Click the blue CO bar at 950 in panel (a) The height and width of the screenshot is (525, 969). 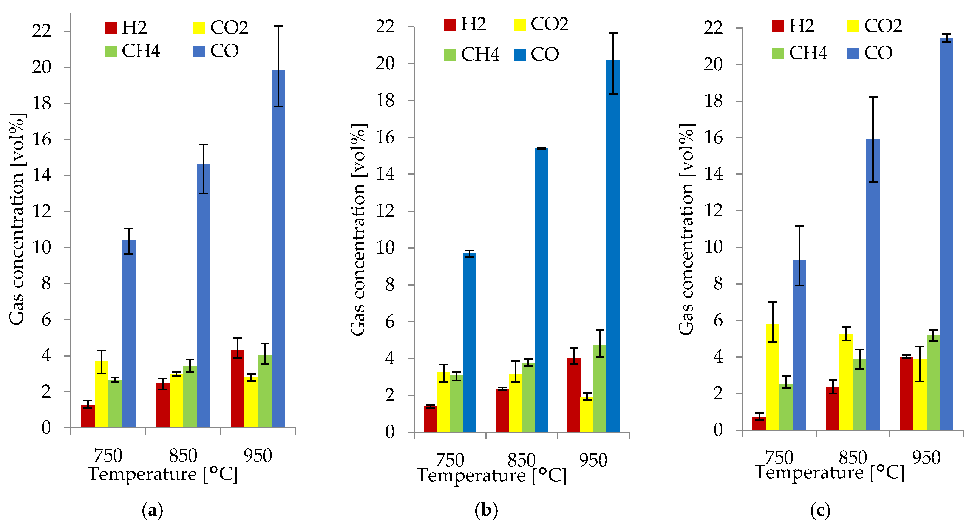coord(278,248)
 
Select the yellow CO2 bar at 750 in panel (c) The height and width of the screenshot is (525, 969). coord(772,377)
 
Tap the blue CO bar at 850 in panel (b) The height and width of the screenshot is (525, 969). coord(541,290)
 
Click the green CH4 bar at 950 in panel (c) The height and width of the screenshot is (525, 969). coord(933,382)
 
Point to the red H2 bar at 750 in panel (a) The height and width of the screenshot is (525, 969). coord(88,416)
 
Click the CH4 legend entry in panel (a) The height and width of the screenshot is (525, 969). coord(132,51)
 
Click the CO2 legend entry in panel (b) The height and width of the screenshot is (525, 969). coord(541,24)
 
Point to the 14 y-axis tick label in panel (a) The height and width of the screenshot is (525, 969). coord(42,176)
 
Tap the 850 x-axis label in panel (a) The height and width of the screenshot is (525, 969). coord(183,456)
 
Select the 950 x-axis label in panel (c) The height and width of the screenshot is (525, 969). coord(926,458)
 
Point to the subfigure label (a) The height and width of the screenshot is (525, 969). coord(152,511)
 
